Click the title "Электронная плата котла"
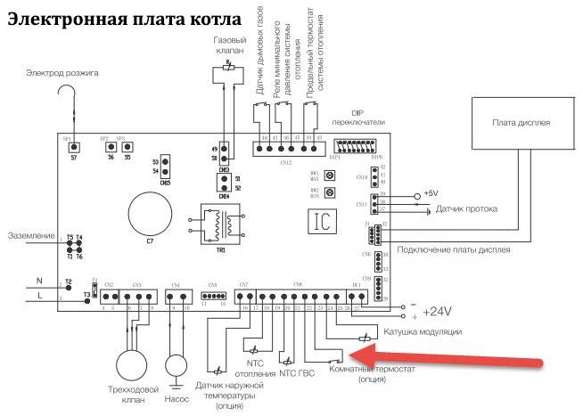(125, 18)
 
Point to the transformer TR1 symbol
(219, 227)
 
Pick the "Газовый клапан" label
(231, 47)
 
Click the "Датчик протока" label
(466, 210)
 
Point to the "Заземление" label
(30, 235)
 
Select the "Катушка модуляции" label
(422, 332)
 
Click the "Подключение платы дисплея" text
(453, 251)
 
